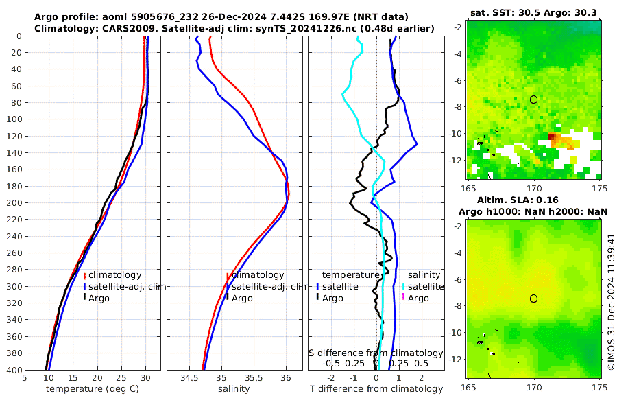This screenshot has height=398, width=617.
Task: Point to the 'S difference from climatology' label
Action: point(376,353)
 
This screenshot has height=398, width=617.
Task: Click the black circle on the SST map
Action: point(534,99)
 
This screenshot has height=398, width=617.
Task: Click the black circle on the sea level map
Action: point(534,298)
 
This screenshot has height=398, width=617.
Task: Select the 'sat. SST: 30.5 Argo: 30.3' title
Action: point(534,12)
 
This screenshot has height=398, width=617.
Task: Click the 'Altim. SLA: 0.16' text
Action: point(534,199)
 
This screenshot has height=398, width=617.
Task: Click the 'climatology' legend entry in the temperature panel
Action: point(114,275)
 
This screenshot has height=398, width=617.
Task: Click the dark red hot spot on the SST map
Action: point(552,137)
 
